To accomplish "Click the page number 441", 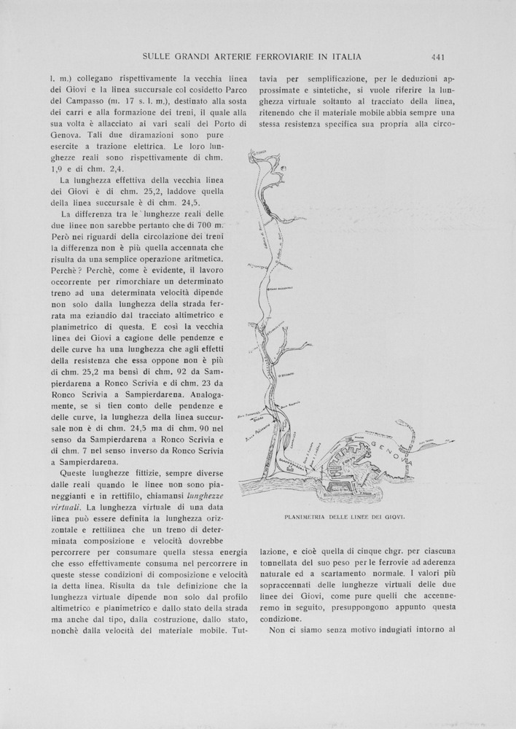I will pos(438,57).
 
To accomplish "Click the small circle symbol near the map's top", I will pos(283,170).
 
